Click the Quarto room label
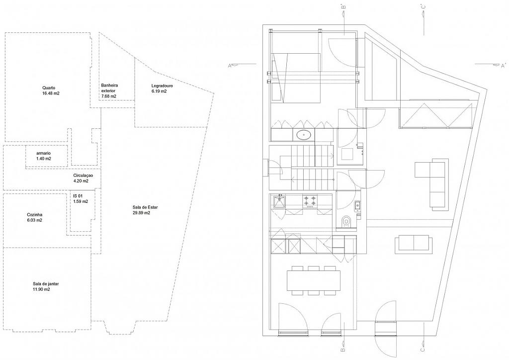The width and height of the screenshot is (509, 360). (x=49, y=88)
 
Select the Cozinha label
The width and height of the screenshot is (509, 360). (x=34, y=214)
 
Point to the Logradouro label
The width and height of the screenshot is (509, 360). (x=162, y=86)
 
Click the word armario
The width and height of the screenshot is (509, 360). (x=44, y=153)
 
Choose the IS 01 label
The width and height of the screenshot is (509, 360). (x=78, y=196)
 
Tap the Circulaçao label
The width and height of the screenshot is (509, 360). (x=83, y=176)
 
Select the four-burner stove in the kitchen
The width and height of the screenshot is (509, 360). (x=311, y=201)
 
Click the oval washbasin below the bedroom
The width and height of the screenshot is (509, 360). (x=303, y=134)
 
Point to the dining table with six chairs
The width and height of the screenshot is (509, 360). (x=313, y=280)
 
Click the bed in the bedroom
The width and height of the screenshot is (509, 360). (x=295, y=77)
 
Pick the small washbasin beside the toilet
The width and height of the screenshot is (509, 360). (x=357, y=204)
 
